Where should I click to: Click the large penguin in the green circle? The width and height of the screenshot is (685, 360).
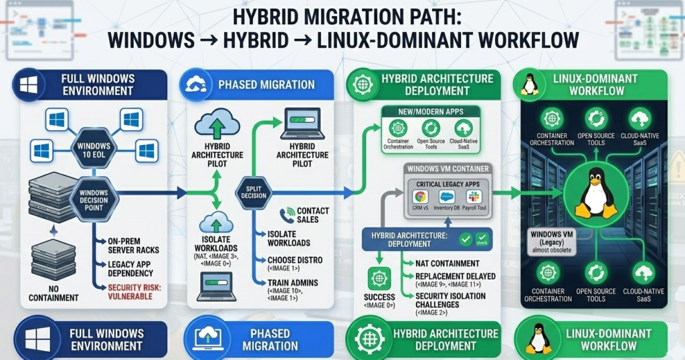click(x=596, y=193)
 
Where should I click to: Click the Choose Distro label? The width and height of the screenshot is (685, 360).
click(x=295, y=260)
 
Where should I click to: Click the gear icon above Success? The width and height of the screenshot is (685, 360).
click(x=379, y=278)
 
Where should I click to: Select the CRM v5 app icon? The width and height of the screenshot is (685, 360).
click(x=421, y=197)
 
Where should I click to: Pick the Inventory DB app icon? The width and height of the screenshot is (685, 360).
click(x=447, y=197)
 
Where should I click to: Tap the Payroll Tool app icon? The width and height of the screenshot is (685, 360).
click(x=474, y=197)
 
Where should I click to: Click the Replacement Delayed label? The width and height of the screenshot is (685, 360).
click(x=455, y=276)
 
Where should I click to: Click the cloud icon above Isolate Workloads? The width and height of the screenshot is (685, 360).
click(x=215, y=221)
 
